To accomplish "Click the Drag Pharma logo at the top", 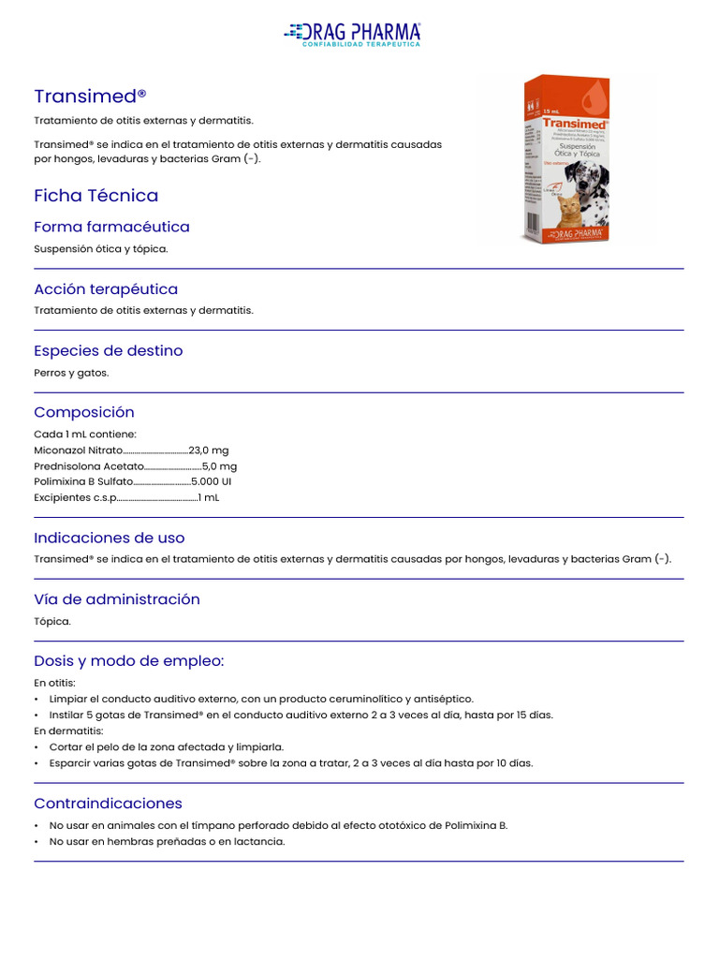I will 352,34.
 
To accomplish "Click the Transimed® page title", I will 90,96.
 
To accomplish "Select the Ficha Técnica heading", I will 95,196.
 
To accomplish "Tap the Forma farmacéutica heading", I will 111,227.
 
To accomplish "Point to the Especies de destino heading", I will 108,350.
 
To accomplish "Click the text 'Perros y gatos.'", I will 71,373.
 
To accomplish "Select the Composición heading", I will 84,412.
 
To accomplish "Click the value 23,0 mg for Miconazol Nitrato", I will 208,450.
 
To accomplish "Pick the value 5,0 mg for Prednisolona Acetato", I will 219,466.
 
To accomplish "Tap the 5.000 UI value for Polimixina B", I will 212,481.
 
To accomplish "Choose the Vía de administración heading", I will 117,599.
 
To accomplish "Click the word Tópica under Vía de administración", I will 51,621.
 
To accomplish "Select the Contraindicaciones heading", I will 108,804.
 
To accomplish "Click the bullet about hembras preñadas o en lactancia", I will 167,841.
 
